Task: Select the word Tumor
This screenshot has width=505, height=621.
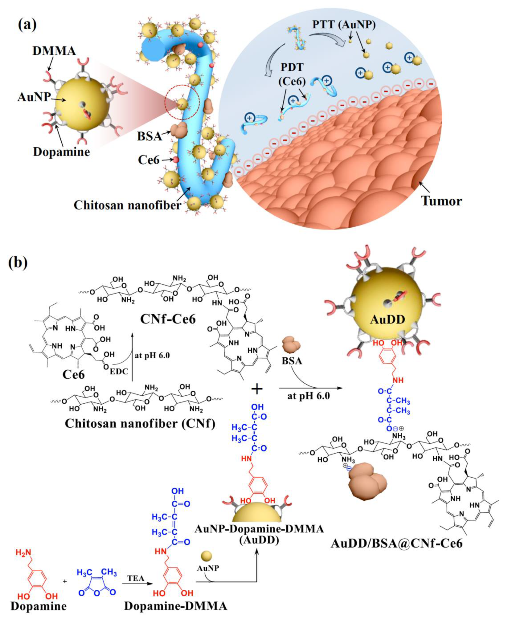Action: coord(442,201)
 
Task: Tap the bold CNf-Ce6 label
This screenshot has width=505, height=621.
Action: coord(168,319)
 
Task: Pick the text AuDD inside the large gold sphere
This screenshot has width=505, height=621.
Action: coord(388,320)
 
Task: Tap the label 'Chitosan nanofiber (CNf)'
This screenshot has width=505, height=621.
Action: coord(140,423)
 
